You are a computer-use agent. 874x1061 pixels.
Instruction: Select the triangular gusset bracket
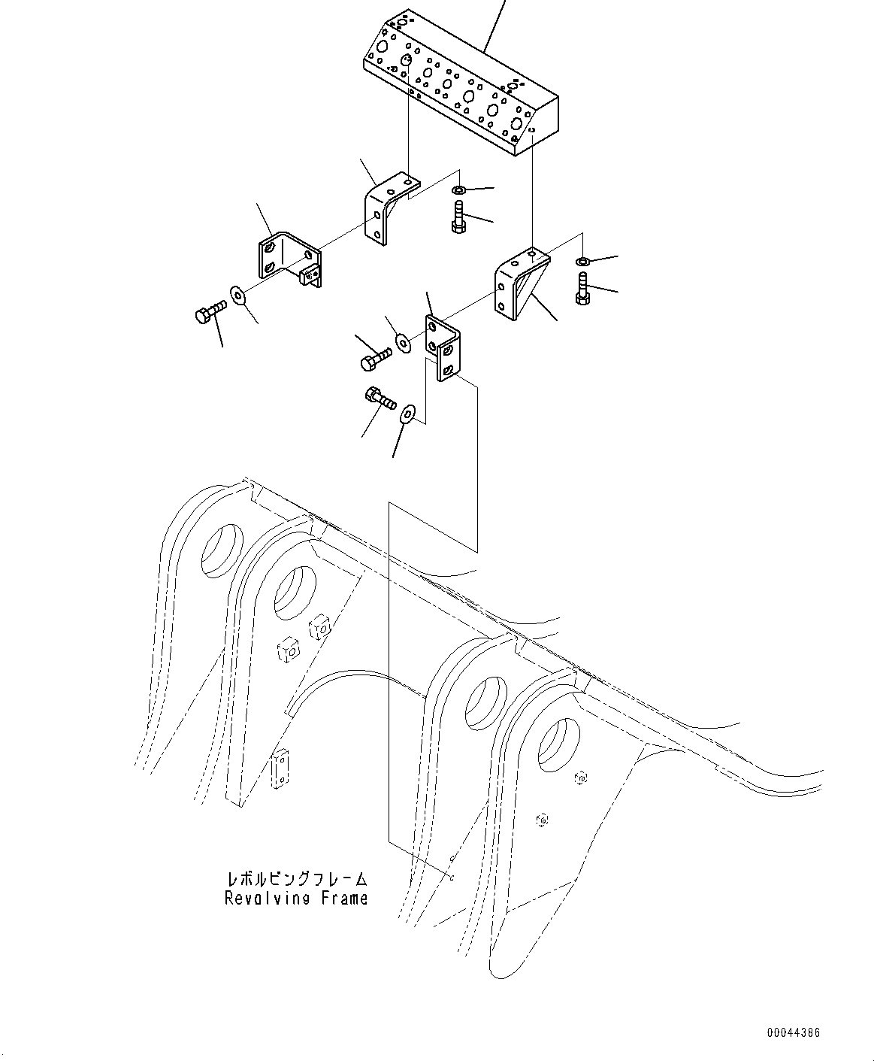coord(521,286)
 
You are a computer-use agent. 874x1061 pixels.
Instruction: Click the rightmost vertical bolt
coord(583,289)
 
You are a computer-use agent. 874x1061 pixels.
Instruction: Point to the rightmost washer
coord(582,262)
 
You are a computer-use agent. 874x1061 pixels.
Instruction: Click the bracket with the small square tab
coord(290,259)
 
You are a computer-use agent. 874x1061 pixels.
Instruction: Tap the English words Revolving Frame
coord(296,898)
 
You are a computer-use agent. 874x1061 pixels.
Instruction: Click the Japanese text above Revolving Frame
coord(296,878)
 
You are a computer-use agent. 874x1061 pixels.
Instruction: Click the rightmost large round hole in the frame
coord(559,744)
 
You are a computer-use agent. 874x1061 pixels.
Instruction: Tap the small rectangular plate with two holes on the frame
coord(280,768)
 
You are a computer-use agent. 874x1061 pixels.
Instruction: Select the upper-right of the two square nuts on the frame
coord(319,626)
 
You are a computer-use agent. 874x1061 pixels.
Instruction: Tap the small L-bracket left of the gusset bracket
coord(444,347)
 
